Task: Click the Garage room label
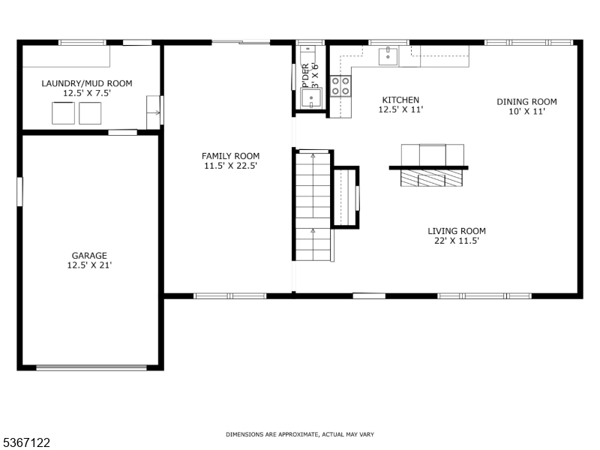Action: click(x=89, y=255)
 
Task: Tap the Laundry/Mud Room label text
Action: click(x=86, y=83)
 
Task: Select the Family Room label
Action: click(x=230, y=156)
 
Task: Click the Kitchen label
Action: click(x=400, y=100)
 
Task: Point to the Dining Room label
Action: click(x=526, y=102)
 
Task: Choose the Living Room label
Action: click(x=457, y=231)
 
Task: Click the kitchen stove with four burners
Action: click(x=340, y=86)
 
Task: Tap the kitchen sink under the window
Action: click(x=388, y=55)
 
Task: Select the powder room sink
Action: click(x=310, y=98)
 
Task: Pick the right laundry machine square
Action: click(x=90, y=112)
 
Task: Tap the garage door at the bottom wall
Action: click(x=91, y=367)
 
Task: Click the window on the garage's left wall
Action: click(x=20, y=190)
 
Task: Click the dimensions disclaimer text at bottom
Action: click(x=300, y=435)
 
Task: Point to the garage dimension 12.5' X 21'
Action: click(x=89, y=265)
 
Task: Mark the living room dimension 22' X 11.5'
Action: click(x=457, y=241)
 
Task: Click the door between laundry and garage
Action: click(x=122, y=133)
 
